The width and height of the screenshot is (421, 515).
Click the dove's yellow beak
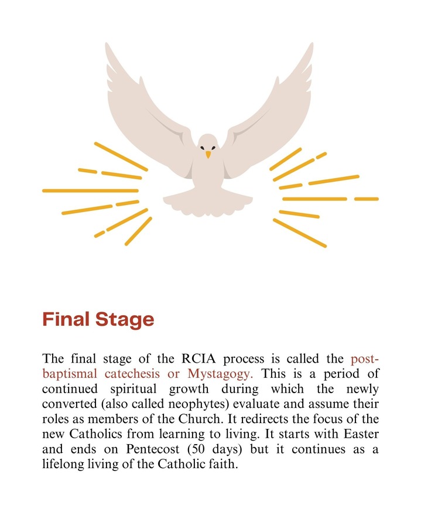[x=208, y=154]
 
